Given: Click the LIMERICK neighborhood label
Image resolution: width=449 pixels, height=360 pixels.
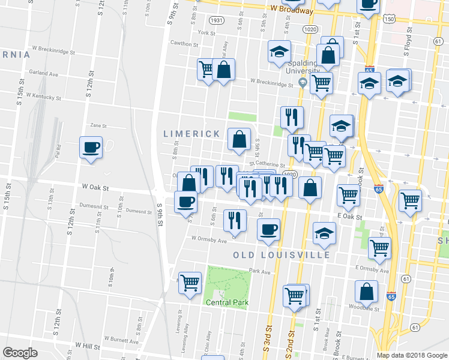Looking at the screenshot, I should (191, 134).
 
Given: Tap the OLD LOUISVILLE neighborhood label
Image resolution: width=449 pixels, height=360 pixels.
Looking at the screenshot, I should (282, 255).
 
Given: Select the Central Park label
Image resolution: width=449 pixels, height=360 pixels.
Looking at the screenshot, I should (227, 302).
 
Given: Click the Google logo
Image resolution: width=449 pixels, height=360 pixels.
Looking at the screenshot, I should (20, 353).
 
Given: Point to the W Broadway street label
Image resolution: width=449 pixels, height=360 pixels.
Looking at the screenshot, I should (291, 10).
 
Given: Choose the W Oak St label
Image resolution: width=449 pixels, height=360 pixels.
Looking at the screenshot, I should (96, 188).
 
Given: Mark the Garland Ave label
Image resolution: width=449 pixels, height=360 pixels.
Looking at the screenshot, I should (44, 74).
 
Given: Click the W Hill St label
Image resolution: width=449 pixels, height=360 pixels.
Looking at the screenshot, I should (87, 346).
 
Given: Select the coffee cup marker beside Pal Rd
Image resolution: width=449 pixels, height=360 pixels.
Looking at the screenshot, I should (91, 148).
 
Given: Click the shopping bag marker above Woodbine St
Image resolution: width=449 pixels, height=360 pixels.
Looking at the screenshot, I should (366, 292).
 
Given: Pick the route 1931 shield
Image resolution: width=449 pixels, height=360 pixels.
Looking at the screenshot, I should (217, 20).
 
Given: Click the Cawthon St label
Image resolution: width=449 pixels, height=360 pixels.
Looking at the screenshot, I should (184, 44).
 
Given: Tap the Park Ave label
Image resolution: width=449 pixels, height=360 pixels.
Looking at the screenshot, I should (261, 271).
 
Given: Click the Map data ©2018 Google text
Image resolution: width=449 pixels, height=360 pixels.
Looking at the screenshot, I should (411, 355).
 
